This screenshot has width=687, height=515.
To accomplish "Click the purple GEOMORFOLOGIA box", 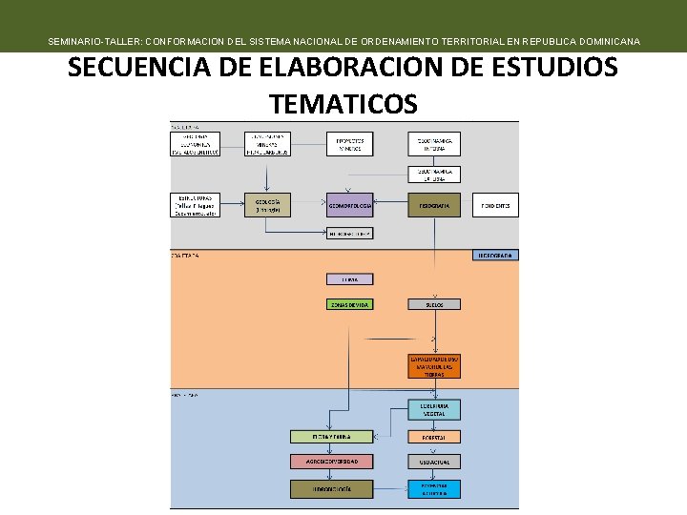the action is click(x=350, y=206).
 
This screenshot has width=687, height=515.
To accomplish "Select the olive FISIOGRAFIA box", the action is click(x=434, y=206).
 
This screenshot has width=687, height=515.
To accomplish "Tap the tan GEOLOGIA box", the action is click(x=267, y=205).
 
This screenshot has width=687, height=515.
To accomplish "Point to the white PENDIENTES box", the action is click(x=495, y=206).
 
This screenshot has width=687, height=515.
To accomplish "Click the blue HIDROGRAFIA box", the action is click(x=495, y=255).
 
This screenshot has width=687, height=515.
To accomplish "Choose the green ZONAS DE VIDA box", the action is click(x=350, y=304).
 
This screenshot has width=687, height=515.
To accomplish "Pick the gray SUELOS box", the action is click(x=434, y=304).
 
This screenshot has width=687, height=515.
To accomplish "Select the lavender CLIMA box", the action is click(x=350, y=279).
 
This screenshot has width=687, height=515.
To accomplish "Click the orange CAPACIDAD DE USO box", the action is click(x=434, y=366).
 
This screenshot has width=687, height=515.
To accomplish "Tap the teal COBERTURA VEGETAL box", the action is click(x=434, y=409).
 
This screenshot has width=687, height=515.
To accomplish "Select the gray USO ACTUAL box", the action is click(x=434, y=462).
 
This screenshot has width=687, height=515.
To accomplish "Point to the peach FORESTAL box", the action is click(x=434, y=437).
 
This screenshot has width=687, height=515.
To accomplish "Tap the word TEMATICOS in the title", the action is click(x=343, y=102).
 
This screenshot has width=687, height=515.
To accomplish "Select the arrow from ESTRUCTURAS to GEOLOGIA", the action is click(x=232, y=205).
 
